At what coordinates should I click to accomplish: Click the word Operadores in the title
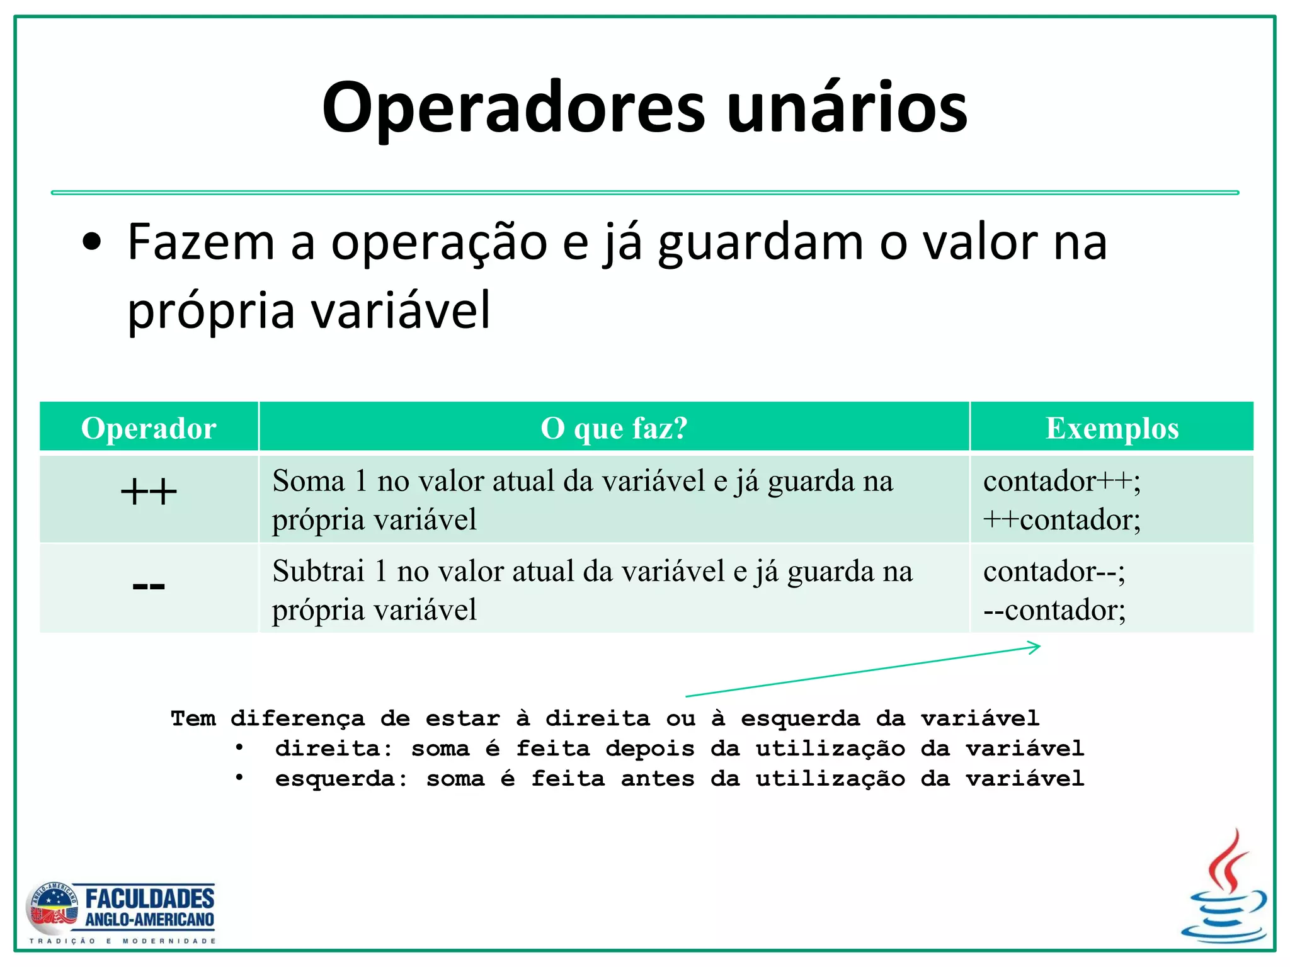513,108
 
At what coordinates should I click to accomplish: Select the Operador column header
149,428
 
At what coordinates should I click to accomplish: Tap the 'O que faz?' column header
614,428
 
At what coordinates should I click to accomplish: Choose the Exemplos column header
1112,428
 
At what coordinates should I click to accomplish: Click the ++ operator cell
149,492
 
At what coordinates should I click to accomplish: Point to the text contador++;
1061,482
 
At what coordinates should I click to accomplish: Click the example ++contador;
1061,520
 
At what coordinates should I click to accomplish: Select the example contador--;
1054,572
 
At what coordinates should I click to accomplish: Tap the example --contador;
1054,610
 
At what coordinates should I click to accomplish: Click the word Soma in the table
309,482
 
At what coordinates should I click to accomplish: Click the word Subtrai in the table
318,572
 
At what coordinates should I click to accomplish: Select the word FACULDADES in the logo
150,898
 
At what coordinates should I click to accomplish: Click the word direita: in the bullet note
334,749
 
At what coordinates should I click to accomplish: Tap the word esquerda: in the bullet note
341,779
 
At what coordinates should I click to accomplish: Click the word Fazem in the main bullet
201,242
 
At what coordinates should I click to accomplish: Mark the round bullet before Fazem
92,244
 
